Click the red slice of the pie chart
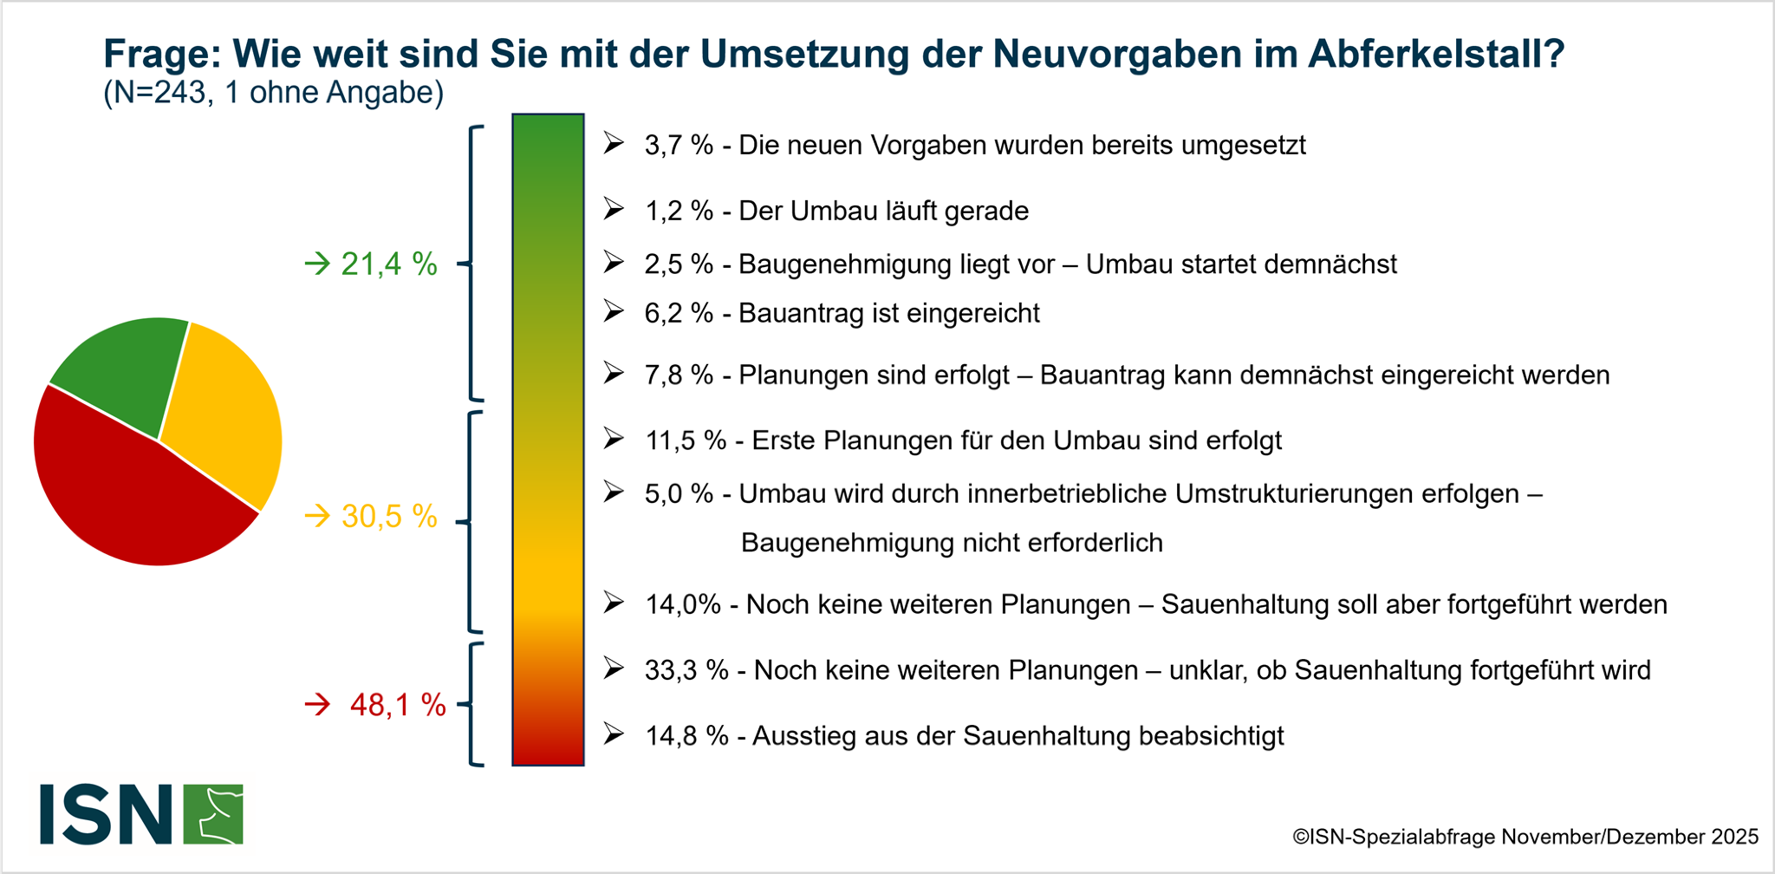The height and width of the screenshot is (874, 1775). (x=130, y=494)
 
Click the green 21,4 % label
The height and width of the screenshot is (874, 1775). (x=388, y=264)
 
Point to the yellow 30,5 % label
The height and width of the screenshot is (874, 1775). (x=388, y=517)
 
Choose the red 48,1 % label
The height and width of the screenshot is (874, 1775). (x=397, y=705)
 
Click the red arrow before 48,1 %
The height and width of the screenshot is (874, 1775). (x=317, y=705)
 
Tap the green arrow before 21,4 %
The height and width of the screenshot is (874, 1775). (x=317, y=264)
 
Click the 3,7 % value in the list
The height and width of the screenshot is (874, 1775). (x=678, y=145)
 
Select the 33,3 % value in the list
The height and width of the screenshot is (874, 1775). (x=686, y=670)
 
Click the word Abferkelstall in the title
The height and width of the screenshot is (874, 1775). (x=1435, y=54)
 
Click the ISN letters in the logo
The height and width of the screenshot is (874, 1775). (x=106, y=814)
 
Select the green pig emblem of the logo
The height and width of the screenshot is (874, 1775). (x=213, y=814)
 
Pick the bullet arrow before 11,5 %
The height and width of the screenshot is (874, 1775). (x=614, y=440)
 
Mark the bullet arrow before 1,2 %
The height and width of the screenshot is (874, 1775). (x=614, y=210)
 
